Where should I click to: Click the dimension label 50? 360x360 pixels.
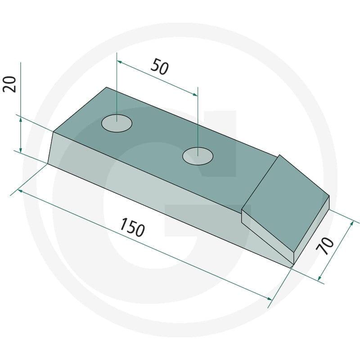coord(160,67)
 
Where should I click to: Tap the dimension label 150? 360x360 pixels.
coord(132,227)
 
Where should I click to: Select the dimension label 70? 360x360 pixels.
coord(325,246)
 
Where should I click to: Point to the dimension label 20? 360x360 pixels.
coord(9,84)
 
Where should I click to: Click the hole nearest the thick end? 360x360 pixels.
coord(117,123)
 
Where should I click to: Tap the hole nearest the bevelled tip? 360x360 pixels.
coord(198,156)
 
